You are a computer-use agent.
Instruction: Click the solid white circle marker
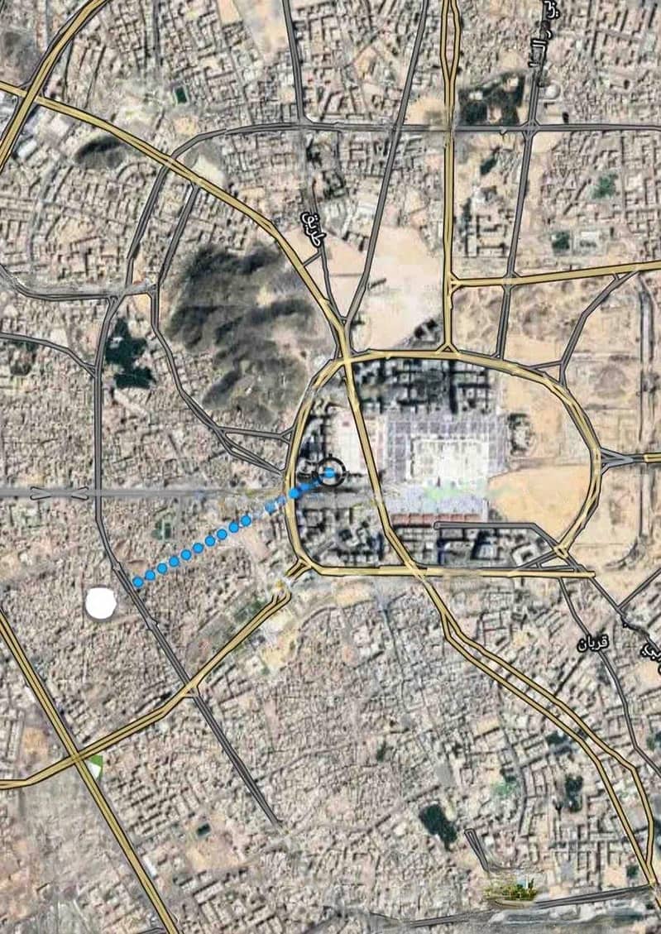tap(101, 603)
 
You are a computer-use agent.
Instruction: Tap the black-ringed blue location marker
tap(330, 472)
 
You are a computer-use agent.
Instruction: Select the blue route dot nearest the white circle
tap(137, 582)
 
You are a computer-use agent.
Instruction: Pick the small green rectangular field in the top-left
tap(180, 94)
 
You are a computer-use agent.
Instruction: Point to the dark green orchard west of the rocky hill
tap(127, 356)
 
